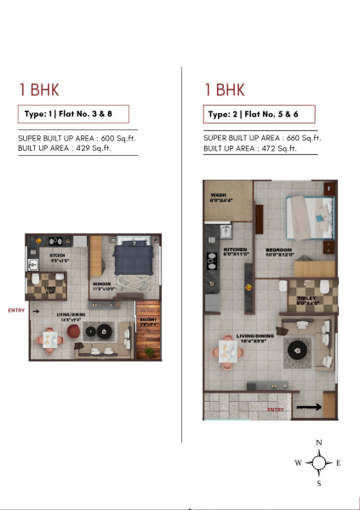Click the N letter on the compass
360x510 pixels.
[318, 443]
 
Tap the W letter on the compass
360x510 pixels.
[298, 463]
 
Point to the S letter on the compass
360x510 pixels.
[318, 484]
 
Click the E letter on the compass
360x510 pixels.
[338, 463]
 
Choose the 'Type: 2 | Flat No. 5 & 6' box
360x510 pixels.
[259, 114]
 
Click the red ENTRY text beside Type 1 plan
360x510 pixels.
[15, 310]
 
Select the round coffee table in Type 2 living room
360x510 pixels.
[299, 347]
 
